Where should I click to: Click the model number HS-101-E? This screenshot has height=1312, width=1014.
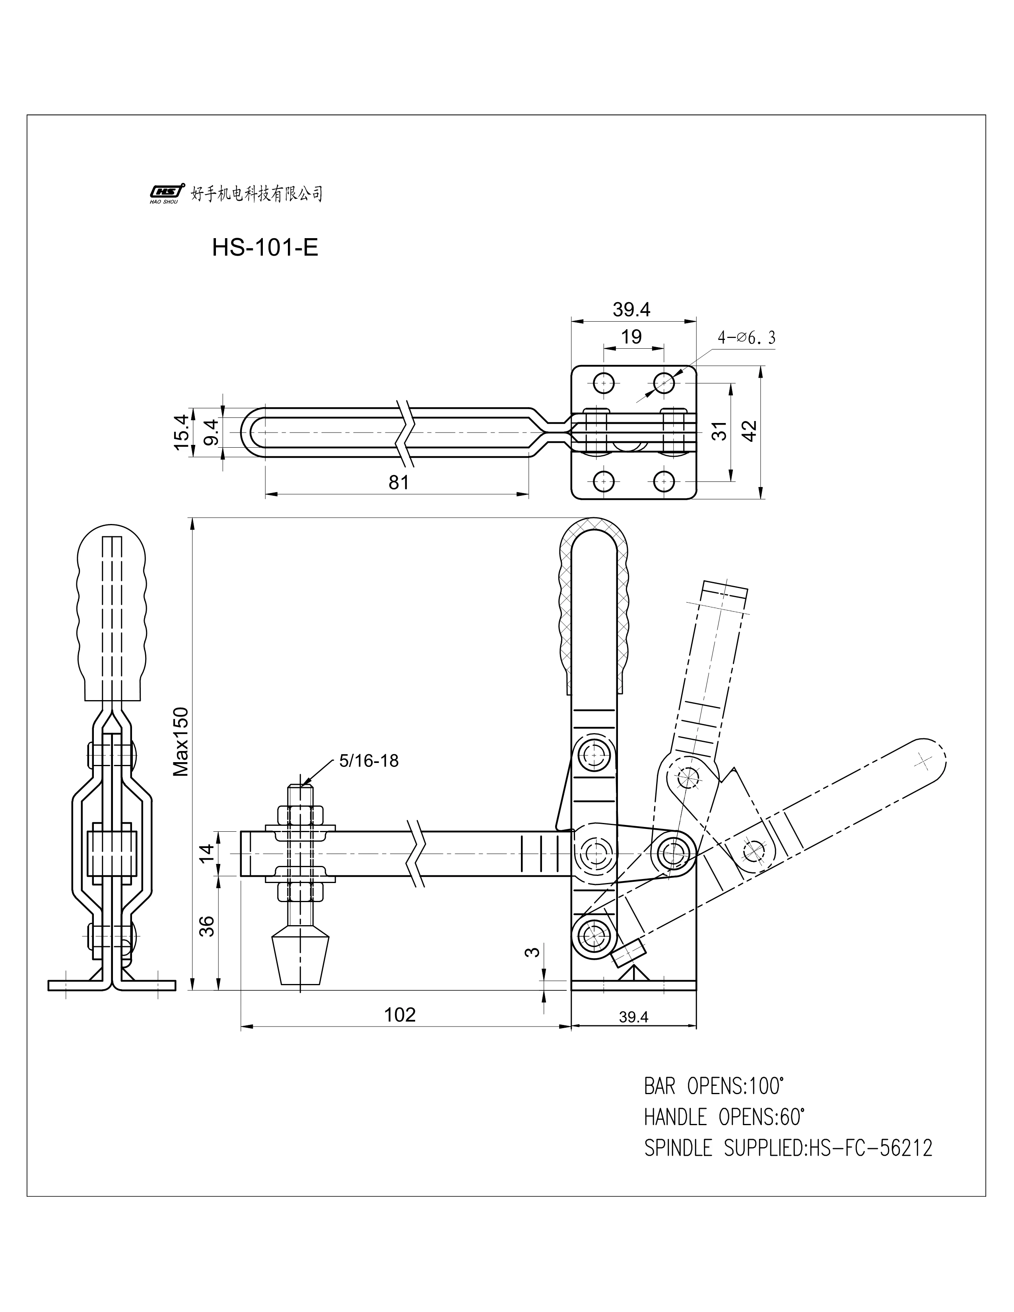click(265, 248)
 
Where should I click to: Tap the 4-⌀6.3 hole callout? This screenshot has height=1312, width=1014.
click(746, 338)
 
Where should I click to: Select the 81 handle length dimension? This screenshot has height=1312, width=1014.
click(398, 482)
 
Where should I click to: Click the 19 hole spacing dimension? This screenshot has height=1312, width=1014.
click(631, 336)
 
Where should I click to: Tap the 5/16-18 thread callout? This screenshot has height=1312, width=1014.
click(368, 761)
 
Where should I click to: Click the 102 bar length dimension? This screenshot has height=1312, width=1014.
click(400, 1015)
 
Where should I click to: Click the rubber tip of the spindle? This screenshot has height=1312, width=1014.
click(301, 961)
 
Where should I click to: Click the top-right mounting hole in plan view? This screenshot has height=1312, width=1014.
click(664, 382)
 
